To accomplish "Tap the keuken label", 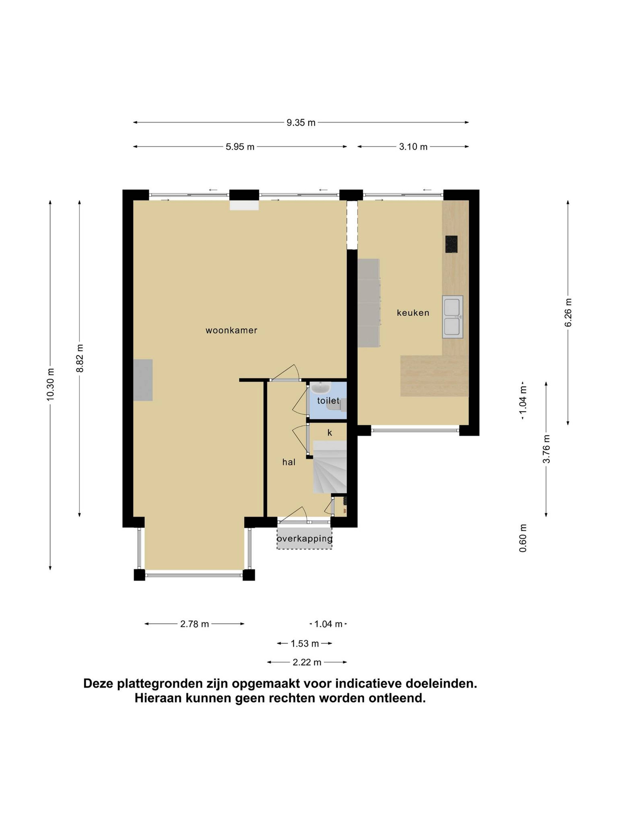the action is [x=413, y=313].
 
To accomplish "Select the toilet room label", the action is [x=328, y=401].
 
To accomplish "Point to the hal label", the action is [x=289, y=462].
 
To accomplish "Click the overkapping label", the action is [x=304, y=539].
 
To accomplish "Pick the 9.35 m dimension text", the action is [x=301, y=123].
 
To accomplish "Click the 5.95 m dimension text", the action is [x=240, y=147].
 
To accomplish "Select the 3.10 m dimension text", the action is [x=413, y=147].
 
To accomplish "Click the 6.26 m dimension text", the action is [x=568, y=313].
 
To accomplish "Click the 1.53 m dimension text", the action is [x=305, y=643].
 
